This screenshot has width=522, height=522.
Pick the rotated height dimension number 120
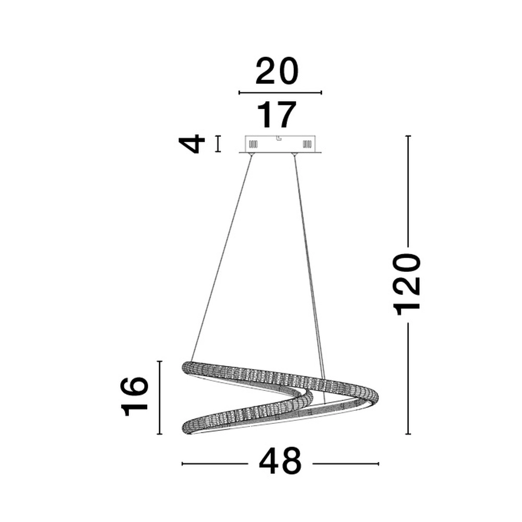408,284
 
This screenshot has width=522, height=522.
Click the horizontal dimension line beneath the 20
280,93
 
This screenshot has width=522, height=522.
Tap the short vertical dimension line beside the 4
218,144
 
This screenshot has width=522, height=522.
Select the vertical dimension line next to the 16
160,397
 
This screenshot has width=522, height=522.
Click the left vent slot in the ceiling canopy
254,144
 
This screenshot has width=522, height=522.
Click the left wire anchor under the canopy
252,155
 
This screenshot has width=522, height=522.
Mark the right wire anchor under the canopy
295,155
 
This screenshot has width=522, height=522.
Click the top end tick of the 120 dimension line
408,136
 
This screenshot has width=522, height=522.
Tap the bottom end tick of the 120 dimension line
408,434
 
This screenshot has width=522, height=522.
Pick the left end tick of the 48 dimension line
182,463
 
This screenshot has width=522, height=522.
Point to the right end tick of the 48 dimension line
378,463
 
